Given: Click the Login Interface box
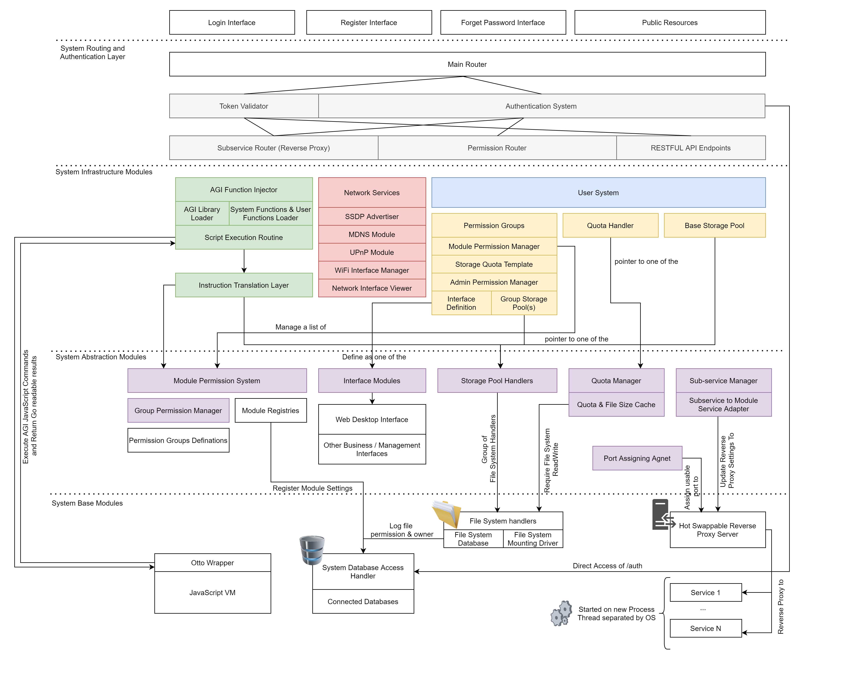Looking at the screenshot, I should (x=232, y=22).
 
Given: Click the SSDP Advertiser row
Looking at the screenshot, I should (x=372, y=216).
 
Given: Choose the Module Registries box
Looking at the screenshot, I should (x=270, y=410).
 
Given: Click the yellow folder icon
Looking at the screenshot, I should (x=446, y=514).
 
